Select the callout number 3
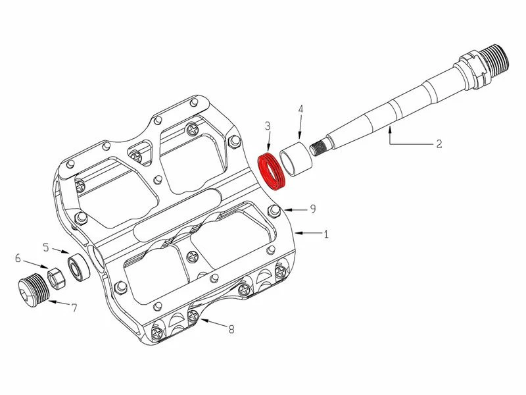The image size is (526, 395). [268, 126]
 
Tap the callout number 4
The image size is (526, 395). [300, 109]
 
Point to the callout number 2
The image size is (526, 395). [439, 144]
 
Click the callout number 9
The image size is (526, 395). [313, 209]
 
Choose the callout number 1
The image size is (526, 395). [325, 234]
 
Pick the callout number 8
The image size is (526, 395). [231, 329]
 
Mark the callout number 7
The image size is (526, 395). [74, 307]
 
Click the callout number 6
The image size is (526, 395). [18, 258]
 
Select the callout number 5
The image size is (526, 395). [46, 248]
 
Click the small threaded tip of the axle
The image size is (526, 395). [318, 147]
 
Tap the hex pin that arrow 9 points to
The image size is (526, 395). [274, 211]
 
